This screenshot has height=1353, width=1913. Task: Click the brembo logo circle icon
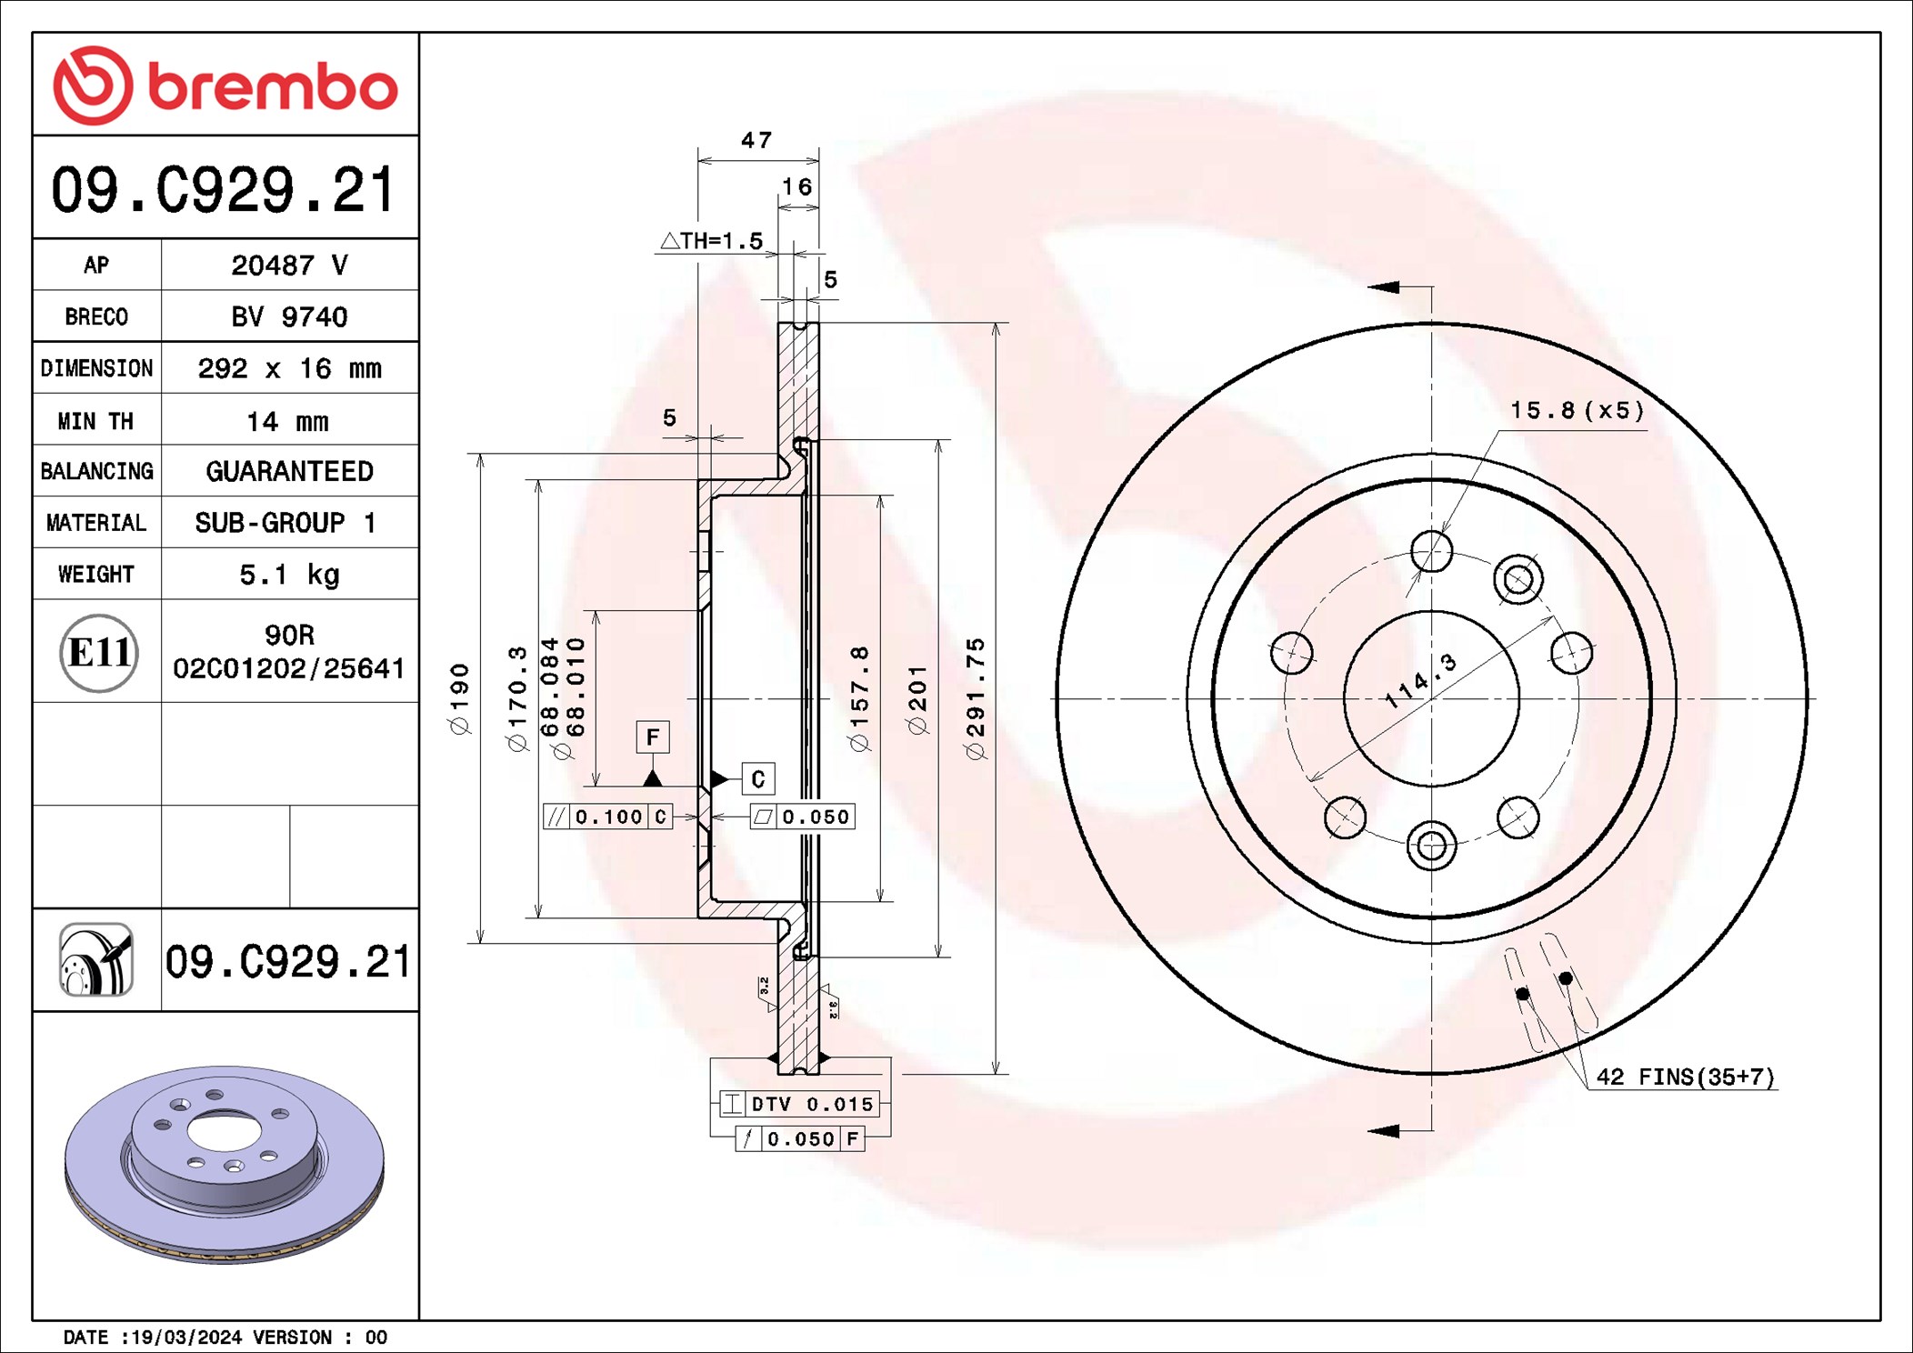click(x=93, y=85)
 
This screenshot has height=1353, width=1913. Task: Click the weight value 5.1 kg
click(x=289, y=575)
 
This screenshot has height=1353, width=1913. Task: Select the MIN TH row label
click(x=96, y=421)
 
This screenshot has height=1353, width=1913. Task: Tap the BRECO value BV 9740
click(x=289, y=316)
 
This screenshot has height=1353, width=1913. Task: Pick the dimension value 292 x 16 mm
click(x=289, y=368)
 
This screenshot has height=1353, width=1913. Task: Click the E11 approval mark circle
click(x=98, y=652)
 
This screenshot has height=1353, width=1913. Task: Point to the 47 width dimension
click(x=756, y=140)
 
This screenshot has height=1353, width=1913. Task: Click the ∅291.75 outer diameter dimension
click(x=976, y=698)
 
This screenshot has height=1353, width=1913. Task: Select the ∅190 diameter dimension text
click(x=460, y=698)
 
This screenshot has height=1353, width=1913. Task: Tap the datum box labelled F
click(x=652, y=737)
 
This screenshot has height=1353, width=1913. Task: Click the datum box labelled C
click(x=758, y=779)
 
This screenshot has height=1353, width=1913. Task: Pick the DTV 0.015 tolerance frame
click(x=799, y=1104)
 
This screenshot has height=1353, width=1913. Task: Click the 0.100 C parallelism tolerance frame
click(x=607, y=817)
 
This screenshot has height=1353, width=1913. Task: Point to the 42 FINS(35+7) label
click(x=1685, y=1077)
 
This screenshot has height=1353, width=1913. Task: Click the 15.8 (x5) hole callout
click(x=1577, y=411)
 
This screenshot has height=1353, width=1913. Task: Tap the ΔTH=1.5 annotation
click(x=712, y=241)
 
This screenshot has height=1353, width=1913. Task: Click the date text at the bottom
click(x=225, y=1337)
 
